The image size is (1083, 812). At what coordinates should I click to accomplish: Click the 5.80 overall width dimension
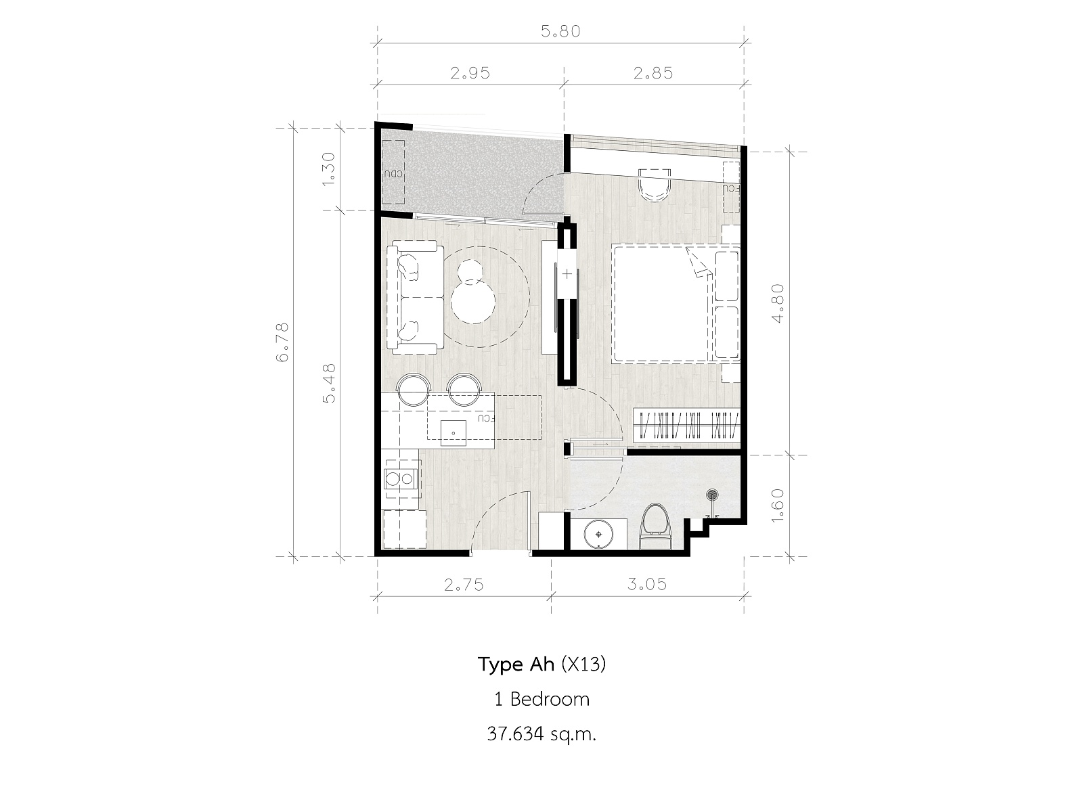coord(560,32)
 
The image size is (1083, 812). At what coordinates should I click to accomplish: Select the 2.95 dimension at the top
coord(470,74)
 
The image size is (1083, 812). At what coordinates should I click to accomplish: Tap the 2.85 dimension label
coord(653,74)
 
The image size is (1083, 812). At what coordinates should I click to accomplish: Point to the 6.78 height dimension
coord(282,342)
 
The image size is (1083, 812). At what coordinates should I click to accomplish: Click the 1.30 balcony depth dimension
coord(328,169)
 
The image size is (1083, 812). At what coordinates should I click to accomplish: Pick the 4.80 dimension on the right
coord(778,303)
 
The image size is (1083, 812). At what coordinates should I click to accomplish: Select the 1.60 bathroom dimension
coord(778,505)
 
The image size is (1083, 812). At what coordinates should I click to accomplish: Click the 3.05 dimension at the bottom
coord(647,584)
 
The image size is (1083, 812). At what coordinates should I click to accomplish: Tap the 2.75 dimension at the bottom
coord(464,585)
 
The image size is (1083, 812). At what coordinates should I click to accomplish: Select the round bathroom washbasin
coord(598,535)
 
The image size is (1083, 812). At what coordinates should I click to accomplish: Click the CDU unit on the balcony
coord(393,173)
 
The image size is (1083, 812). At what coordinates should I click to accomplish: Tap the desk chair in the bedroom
coord(655,185)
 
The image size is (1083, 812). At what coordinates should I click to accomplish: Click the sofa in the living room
coord(414,297)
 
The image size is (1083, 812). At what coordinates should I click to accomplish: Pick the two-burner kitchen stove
coord(403,478)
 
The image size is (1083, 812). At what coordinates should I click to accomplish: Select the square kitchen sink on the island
coord(108,432)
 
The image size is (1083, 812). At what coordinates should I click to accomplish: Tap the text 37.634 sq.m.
coord(541,734)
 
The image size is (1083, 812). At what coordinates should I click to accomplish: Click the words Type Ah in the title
coord(516,665)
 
